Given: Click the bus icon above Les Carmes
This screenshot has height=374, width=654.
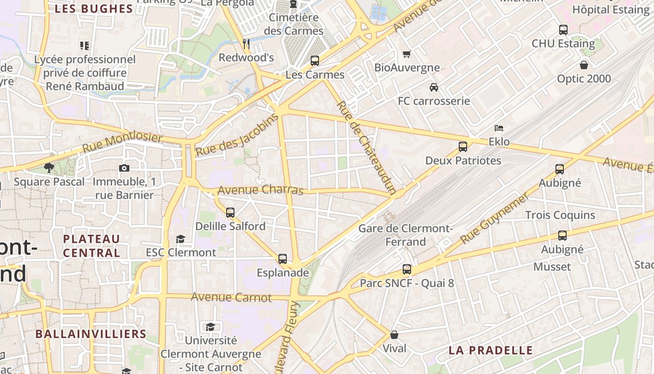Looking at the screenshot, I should (x=315, y=61).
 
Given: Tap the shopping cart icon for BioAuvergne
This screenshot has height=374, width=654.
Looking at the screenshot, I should (x=407, y=54).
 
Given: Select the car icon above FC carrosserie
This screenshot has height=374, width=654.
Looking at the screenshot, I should (x=434, y=87).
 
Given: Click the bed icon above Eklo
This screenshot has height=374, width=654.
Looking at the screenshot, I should (x=499, y=128).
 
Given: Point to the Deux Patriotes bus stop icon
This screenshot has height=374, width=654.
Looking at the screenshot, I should (x=463, y=147).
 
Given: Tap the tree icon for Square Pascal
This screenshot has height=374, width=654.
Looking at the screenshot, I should (x=49, y=168).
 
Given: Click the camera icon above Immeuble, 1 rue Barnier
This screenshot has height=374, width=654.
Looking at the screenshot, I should (x=124, y=168).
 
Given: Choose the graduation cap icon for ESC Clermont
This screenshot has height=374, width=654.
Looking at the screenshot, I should (x=180, y=239).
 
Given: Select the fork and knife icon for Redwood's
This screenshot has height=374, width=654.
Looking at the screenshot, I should (x=246, y=44).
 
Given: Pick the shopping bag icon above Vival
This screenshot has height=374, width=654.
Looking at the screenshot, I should (x=394, y=335).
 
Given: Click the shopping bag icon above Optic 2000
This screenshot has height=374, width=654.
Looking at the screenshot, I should (x=584, y=65).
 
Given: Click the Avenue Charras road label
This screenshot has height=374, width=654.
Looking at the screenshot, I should (x=261, y=190).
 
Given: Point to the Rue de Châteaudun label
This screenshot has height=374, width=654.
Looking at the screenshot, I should (x=367, y=147).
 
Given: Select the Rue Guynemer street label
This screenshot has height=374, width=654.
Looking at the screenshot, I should (x=495, y=218).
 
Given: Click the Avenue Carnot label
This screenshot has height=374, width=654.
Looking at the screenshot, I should (x=231, y=297).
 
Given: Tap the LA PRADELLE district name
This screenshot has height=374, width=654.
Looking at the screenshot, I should (x=490, y=350).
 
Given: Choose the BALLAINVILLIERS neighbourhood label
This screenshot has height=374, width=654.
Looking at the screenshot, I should (x=91, y=334).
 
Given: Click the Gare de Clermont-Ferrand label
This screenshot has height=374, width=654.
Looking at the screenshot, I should (x=405, y=235).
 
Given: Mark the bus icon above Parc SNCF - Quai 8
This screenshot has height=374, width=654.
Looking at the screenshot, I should (x=407, y=269).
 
